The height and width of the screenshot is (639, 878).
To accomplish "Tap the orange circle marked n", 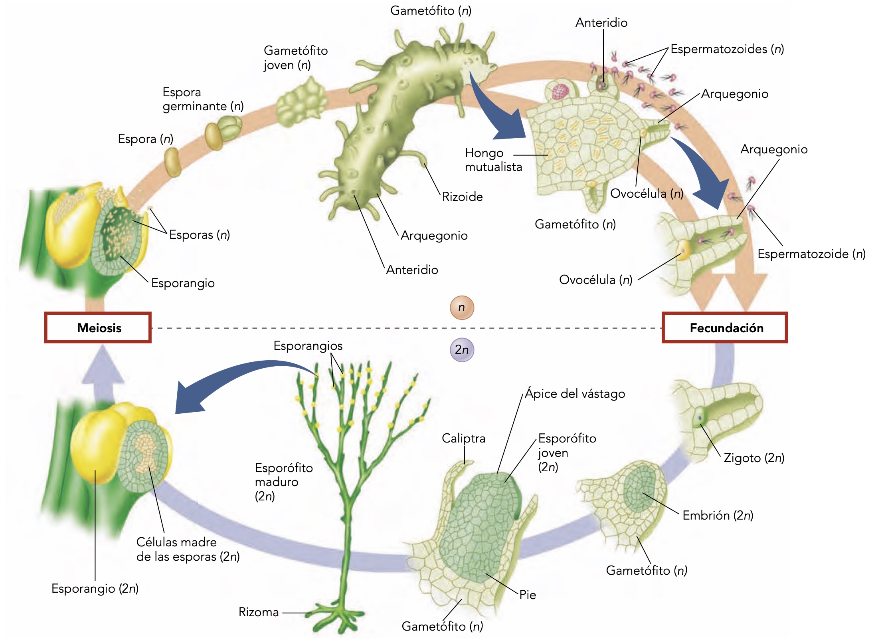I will (x=462, y=308).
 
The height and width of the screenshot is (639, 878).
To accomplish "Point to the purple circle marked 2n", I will (x=462, y=350).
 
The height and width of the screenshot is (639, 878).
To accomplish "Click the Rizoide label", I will (x=462, y=196).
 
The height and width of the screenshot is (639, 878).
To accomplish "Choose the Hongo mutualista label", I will (x=493, y=160).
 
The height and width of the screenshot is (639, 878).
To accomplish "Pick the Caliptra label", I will (x=463, y=438).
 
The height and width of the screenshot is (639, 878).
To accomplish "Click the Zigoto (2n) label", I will (x=754, y=458).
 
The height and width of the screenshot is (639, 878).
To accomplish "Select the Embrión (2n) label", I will (x=718, y=515).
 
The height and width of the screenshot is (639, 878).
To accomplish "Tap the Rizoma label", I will (x=259, y=612).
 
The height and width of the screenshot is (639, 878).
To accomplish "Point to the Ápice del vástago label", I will (x=575, y=394).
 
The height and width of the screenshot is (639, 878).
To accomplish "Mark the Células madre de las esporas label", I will (x=188, y=549).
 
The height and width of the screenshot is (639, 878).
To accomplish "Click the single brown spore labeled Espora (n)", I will (x=173, y=162).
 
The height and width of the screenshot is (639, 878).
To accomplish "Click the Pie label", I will (x=527, y=595).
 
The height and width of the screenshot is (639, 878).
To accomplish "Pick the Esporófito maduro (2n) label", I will (x=283, y=482).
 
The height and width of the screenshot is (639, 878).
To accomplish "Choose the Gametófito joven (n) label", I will (x=295, y=58).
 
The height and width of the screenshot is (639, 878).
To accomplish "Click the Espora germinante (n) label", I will (x=203, y=99).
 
